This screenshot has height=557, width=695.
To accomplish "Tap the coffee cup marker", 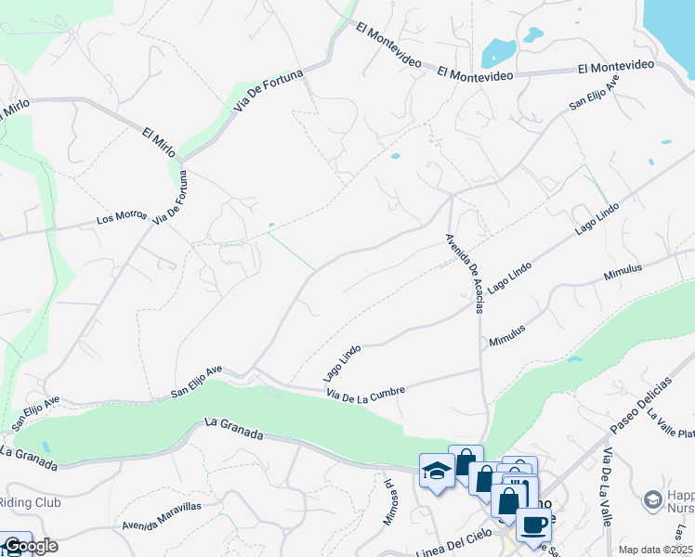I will (x=533, y=525).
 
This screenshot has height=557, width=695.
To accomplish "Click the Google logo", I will (x=30, y=546).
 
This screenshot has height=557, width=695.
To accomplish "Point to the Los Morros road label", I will (x=122, y=219).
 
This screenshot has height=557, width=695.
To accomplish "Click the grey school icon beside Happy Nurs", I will (x=653, y=501).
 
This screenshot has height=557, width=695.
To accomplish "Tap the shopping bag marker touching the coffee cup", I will (x=509, y=501).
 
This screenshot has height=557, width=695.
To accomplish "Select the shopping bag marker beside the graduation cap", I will (x=466, y=460).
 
